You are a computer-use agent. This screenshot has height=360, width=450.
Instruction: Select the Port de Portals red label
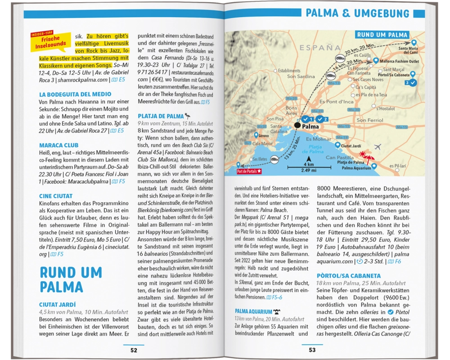tap(249, 171)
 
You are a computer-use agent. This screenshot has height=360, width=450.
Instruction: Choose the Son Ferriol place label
tap(369, 120)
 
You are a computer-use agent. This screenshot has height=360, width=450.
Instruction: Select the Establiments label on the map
tap(289, 71)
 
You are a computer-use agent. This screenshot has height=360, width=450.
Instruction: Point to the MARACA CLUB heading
tap(58, 145)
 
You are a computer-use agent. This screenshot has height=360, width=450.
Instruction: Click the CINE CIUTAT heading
tap(56, 196)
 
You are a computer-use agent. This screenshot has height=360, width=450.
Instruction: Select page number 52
tap(134, 350)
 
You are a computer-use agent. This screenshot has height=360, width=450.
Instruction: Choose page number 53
tap(312, 350)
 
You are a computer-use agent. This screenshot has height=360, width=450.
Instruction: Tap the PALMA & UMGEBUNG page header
tap(357, 13)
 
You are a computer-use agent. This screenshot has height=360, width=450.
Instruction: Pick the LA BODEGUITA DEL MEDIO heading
tap(75, 94)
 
